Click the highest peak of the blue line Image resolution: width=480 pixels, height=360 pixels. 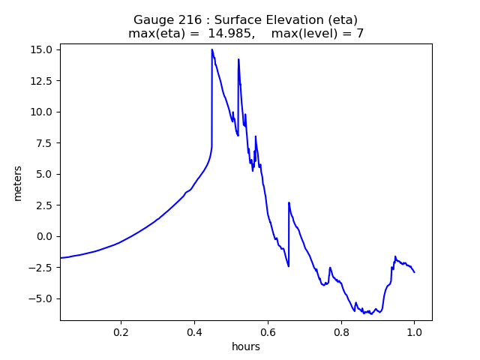pyautogui.click(x=212, y=50)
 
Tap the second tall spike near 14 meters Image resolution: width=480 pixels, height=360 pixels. pyautogui.click(x=238, y=59)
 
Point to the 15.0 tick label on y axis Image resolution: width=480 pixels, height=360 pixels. pyautogui.click(x=41, y=49)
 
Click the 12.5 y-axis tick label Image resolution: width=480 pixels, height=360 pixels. pyautogui.click(x=41, y=81)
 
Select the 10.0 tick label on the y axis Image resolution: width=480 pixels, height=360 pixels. pyautogui.click(x=41, y=112)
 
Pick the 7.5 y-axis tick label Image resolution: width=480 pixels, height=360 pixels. pyautogui.click(x=44, y=142)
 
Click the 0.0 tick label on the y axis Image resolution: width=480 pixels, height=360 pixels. pyautogui.click(x=44, y=236)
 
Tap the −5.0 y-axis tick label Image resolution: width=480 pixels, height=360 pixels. pyautogui.click(x=41, y=298)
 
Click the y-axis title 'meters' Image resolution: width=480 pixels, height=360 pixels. pyautogui.click(x=18, y=183)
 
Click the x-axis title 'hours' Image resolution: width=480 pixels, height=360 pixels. pyautogui.click(x=246, y=346)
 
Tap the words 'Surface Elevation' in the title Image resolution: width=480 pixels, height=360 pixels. pyautogui.click(x=273, y=19)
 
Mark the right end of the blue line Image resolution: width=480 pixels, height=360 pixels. pyautogui.click(x=414, y=272)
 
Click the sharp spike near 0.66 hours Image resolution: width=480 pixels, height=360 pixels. pyautogui.click(x=289, y=202)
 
